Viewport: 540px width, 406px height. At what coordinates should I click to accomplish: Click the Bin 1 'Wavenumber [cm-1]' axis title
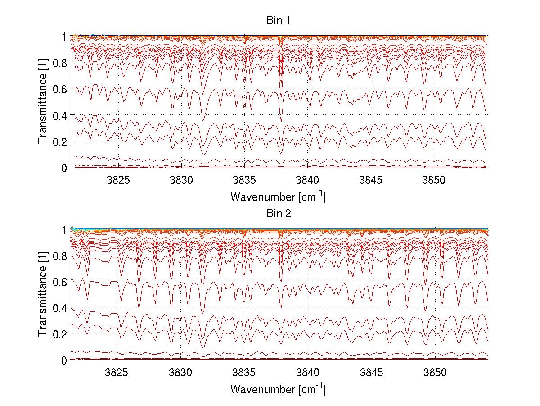click(x=278, y=196)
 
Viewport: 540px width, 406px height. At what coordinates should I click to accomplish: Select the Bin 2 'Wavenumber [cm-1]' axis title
click(x=278, y=389)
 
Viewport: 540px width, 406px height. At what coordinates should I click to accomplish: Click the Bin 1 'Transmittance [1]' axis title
click(x=43, y=102)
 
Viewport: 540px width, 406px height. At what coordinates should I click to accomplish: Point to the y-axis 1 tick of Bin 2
click(x=64, y=229)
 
